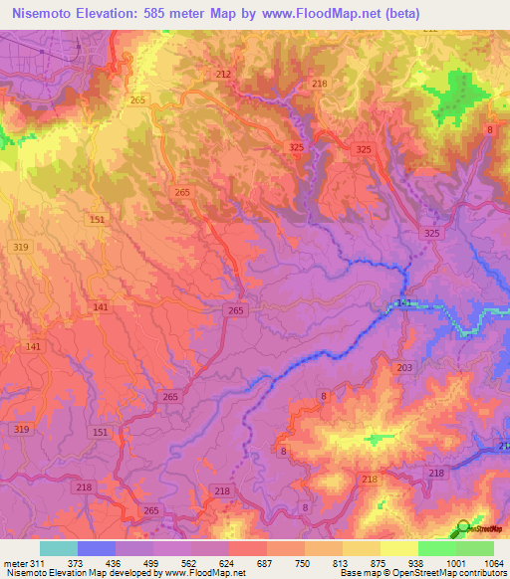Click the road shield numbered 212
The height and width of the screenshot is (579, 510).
pos(222,75)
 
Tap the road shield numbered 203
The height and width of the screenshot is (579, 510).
pos(403,368)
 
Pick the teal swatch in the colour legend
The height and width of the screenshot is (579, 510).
pos(59,548)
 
